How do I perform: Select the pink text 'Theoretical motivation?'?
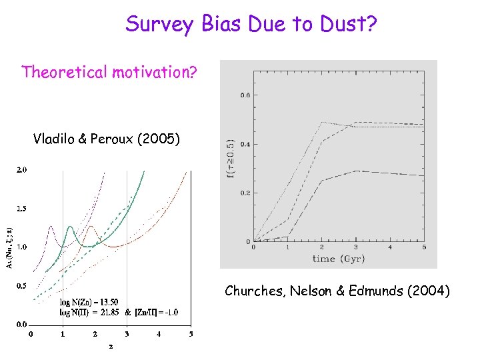point(109,72)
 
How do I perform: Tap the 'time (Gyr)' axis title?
point(339,258)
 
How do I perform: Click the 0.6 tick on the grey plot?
point(244,95)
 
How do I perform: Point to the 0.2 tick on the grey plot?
point(244,193)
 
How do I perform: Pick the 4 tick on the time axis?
point(390,247)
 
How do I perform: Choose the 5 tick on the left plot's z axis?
point(191,334)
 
